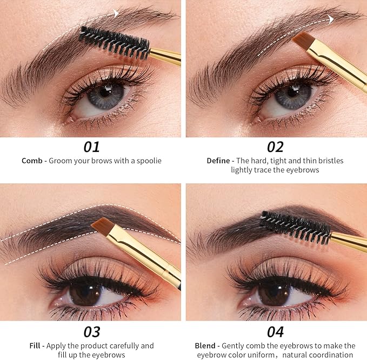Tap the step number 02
point(275,146)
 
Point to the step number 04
point(275,331)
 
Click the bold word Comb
point(31,161)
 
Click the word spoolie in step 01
point(148,161)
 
